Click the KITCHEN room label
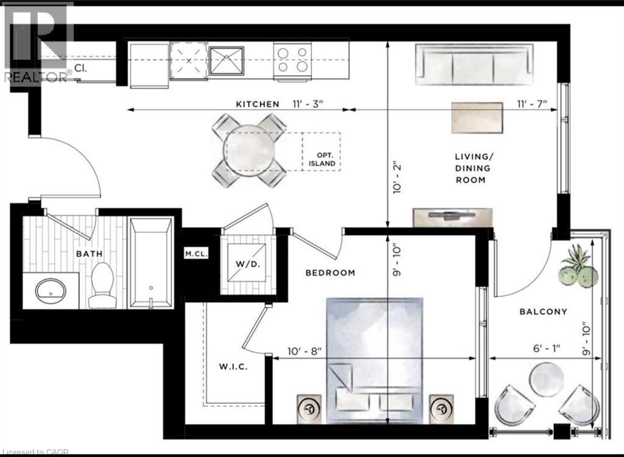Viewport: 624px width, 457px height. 257,104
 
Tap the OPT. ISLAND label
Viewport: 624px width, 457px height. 321,160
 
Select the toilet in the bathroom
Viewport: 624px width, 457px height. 101,285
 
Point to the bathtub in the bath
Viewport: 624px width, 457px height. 152,262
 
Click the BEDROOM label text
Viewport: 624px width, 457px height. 330,273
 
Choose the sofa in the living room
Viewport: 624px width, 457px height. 473,65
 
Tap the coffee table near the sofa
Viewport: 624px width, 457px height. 477,117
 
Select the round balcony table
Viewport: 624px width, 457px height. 546,379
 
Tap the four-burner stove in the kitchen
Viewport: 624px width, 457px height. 292,60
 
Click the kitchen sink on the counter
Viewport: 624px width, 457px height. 226,60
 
